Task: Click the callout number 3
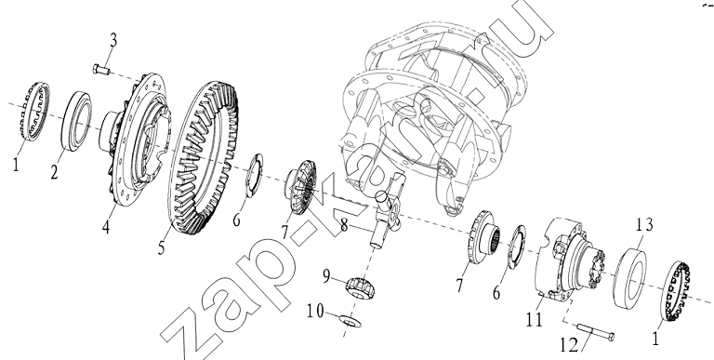point(112,40)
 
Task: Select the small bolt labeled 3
point(101,69)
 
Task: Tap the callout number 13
point(645,225)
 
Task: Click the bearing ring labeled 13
point(629,277)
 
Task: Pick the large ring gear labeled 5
point(204,157)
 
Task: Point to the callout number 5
point(161,247)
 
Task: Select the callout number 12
point(569,345)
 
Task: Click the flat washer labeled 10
point(350,320)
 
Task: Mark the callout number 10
point(315,312)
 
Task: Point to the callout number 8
point(344,225)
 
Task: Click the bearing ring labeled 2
point(76,121)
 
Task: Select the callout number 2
point(54,172)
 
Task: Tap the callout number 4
point(106,226)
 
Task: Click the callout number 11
point(535,319)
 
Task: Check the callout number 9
point(326,276)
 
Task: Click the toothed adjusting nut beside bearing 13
point(675,291)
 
